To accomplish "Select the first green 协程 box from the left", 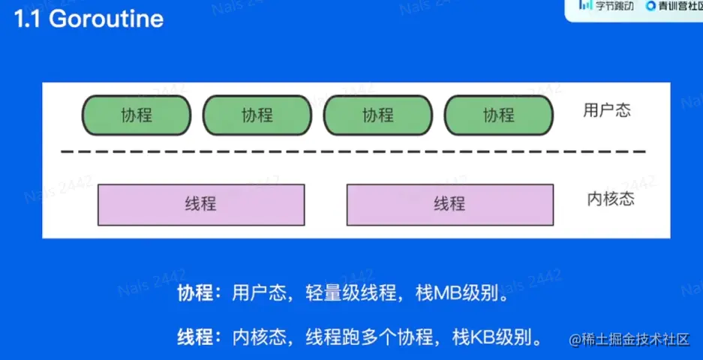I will click(x=136, y=115).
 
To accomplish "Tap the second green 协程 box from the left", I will click(x=257, y=115).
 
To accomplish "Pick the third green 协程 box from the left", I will click(x=378, y=115).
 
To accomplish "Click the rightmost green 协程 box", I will click(x=499, y=115).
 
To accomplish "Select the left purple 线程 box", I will click(x=201, y=204).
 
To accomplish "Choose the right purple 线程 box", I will click(x=449, y=204).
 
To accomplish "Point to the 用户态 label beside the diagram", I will click(x=607, y=111).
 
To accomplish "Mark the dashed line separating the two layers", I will click(x=353, y=151).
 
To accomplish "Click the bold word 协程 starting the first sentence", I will click(x=194, y=293).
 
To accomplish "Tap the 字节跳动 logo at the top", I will click(x=606, y=6).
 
